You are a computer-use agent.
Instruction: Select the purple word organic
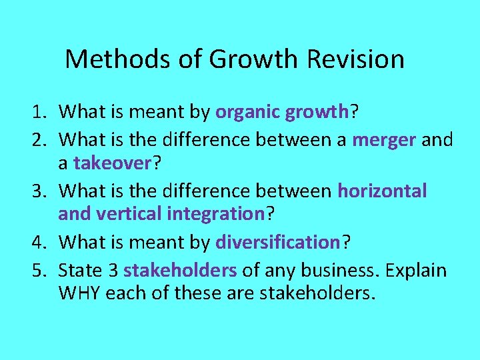pyautogui.click(x=247, y=112)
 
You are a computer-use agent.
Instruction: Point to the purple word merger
pyautogui.click(x=385, y=140)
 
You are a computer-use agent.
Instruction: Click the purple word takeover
pyautogui.click(x=112, y=163)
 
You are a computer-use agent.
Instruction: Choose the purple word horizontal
pyautogui.click(x=382, y=191)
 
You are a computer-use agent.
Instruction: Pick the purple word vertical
pyautogui.click(x=121, y=214)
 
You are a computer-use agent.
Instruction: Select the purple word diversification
pyautogui.click(x=278, y=242)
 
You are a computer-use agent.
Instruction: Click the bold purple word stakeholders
pyautogui.click(x=180, y=270)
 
